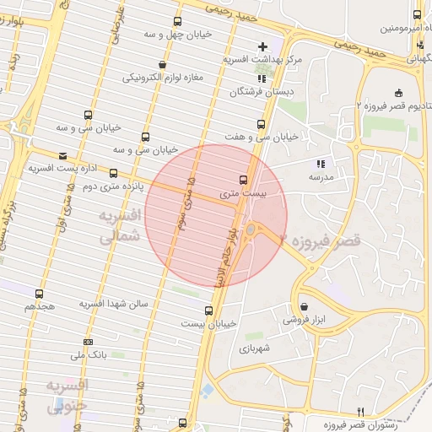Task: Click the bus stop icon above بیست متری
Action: point(244,180)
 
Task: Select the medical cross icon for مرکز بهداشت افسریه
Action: point(262,46)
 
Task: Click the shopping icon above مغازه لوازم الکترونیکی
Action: point(162,64)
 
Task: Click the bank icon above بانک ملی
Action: point(89,342)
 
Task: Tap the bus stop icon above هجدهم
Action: point(39,294)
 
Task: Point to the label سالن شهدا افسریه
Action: point(114,303)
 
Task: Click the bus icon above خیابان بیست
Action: point(209,310)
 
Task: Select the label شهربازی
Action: point(252,348)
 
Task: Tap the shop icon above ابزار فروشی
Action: point(304,307)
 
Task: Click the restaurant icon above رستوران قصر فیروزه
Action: point(360,410)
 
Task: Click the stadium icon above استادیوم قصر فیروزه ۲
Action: point(397,94)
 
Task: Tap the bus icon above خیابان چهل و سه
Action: point(177,23)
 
